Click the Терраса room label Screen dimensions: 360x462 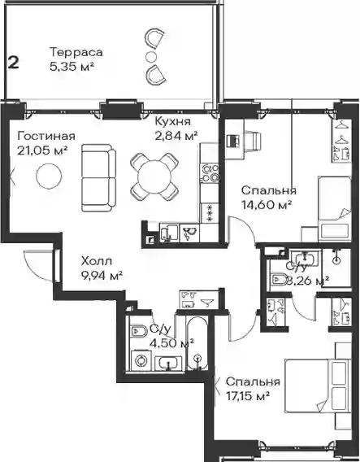click(x=76, y=52)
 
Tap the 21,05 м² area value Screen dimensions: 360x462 click(x=42, y=150)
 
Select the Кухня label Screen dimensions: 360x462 click(x=173, y=121)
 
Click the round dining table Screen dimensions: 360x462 click(x=154, y=177)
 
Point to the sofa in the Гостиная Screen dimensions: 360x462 click(x=98, y=177)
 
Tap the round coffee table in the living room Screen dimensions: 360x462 click(x=49, y=176)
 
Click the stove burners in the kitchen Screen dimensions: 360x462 click(x=210, y=172)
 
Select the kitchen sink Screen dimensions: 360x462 click(x=169, y=233)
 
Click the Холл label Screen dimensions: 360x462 click(x=97, y=261)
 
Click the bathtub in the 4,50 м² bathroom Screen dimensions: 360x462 click(x=197, y=343)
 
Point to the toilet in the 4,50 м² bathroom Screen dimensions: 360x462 click(x=139, y=332)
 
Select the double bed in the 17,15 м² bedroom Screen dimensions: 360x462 click(x=318, y=386)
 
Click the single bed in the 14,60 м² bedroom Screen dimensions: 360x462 click(x=335, y=208)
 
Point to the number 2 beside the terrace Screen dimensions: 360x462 click(x=13, y=63)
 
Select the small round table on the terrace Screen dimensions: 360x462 click(x=150, y=56)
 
